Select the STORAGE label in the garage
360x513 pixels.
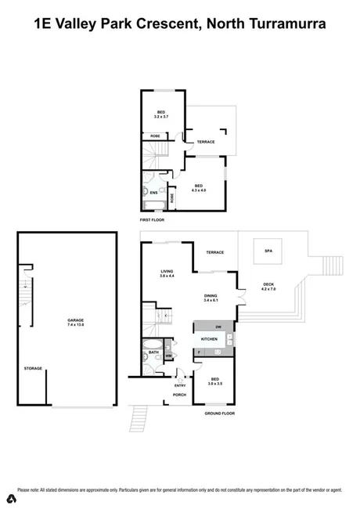click(x=33, y=367)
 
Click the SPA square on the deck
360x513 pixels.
click(x=268, y=251)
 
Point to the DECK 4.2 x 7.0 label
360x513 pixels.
click(x=268, y=287)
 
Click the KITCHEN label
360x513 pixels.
click(x=209, y=338)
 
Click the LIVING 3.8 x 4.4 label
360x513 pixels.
click(x=166, y=273)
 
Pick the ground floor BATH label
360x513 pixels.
click(x=153, y=352)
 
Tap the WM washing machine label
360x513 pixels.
click(x=168, y=356)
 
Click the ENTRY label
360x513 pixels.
click(x=180, y=385)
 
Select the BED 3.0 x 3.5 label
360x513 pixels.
click(x=214, y=381)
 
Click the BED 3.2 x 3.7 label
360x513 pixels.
click(x=160, y=114)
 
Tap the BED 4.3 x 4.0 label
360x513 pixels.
click(x=199, y=188)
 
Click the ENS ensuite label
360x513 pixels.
click(x=153, y=193)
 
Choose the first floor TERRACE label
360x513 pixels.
click(x=206, y=142)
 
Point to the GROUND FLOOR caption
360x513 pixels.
click(x=219, y=413)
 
